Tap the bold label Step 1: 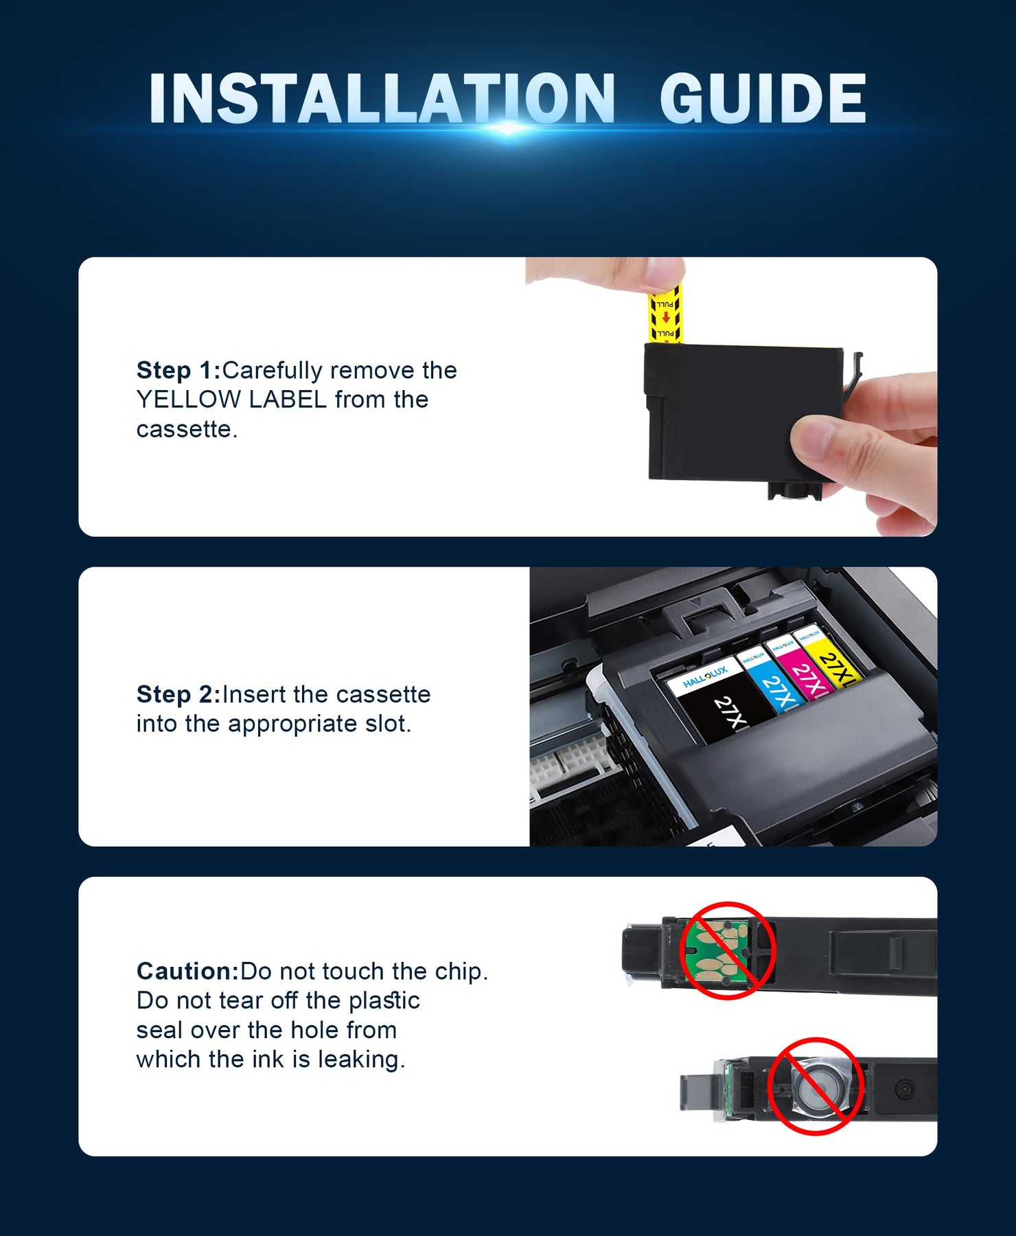point(178,371)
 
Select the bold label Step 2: point(178,694)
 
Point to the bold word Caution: point(188,971)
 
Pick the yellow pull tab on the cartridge point(665,316)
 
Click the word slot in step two point(388,724)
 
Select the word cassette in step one point(187,429)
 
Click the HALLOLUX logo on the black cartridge point(705,676)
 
